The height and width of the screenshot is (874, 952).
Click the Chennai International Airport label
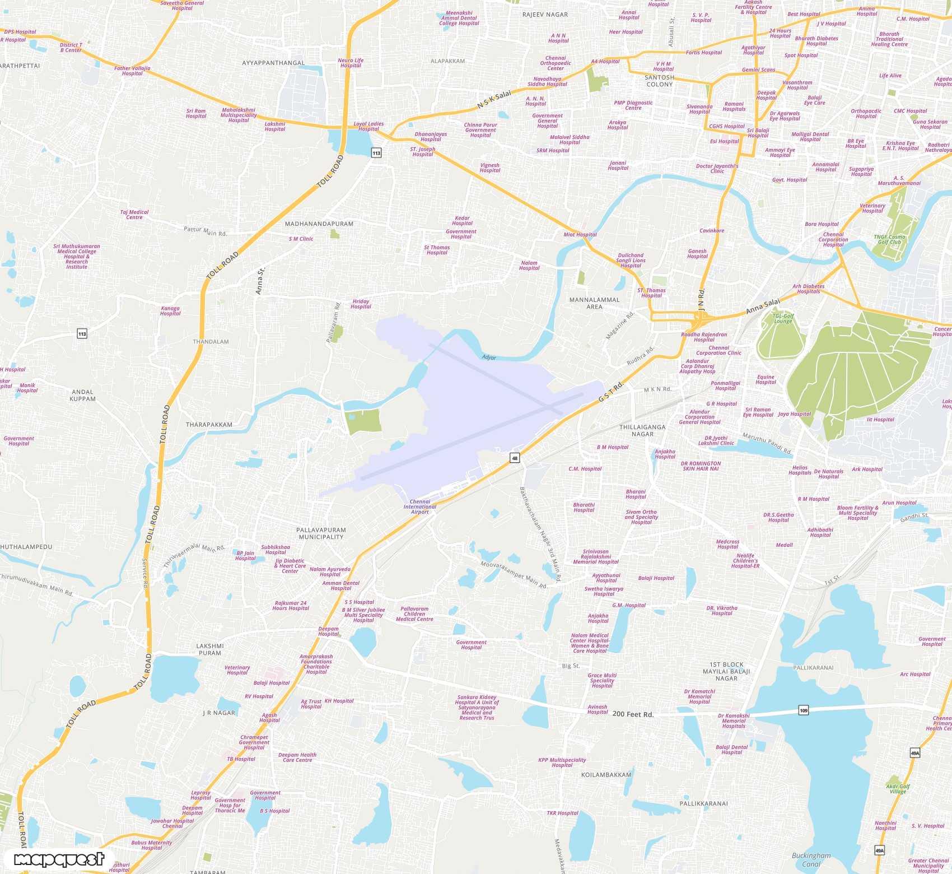420,506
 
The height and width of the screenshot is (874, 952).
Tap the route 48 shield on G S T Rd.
515,458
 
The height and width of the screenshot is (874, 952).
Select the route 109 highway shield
804,710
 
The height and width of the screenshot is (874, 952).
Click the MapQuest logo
59,859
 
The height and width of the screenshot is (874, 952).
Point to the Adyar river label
489,357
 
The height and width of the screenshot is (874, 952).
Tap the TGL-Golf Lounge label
783,318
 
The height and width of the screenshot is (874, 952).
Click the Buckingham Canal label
811,859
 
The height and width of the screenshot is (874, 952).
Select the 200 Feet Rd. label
633,714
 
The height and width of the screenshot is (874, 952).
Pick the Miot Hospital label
580,235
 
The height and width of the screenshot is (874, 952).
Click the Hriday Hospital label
361,304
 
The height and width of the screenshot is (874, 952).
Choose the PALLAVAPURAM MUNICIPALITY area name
321,533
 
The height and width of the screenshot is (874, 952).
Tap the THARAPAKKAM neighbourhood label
209,425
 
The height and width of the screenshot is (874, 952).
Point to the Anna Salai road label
762,306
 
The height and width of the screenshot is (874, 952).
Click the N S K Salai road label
494,100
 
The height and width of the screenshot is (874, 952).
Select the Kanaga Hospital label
170,311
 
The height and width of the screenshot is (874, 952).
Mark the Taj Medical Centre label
134,215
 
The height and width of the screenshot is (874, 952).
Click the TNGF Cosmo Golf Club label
889,239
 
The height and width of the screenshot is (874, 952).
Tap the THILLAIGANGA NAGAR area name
642,430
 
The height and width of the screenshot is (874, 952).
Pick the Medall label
784,545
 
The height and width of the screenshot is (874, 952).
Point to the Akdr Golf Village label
898,789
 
